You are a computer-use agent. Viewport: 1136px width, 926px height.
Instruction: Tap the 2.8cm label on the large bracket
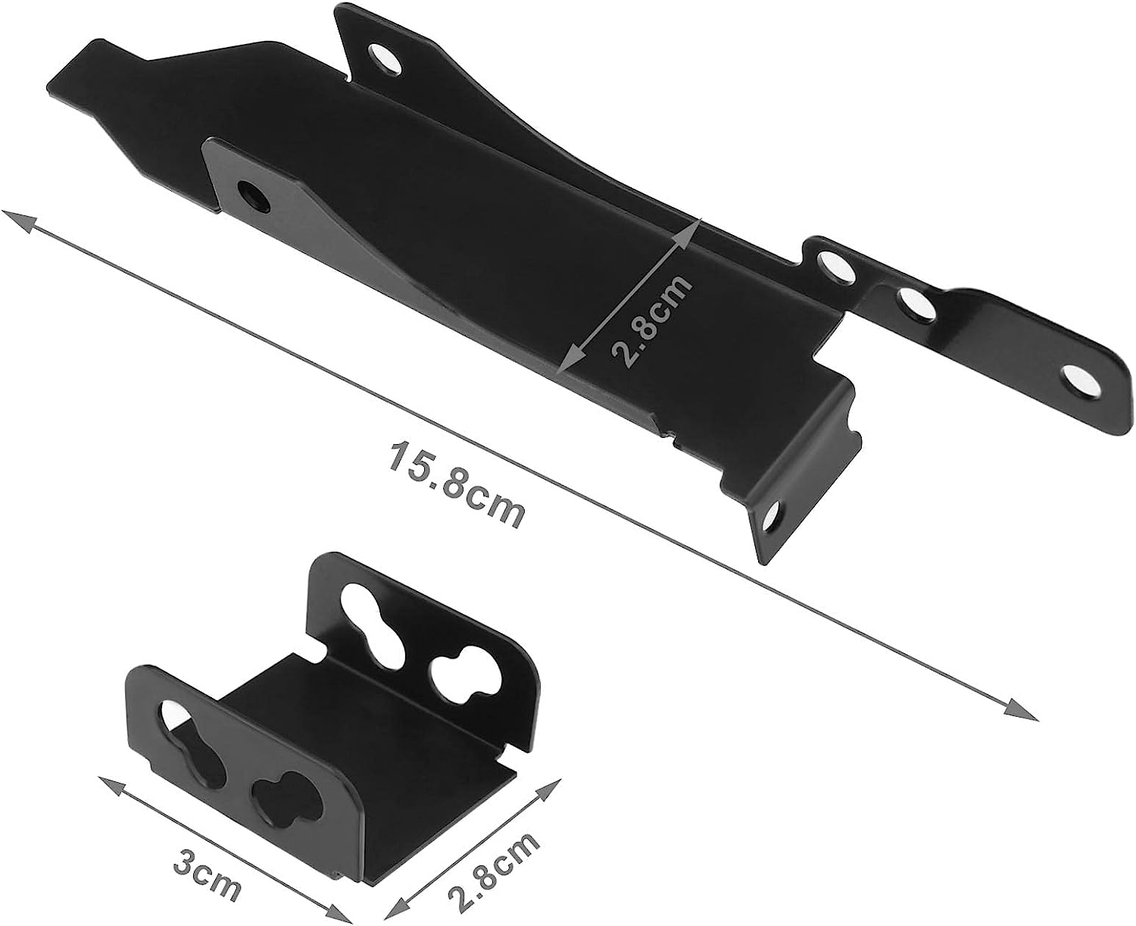click(651, 320)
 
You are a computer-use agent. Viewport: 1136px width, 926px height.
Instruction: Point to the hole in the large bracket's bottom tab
click(772, 518)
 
